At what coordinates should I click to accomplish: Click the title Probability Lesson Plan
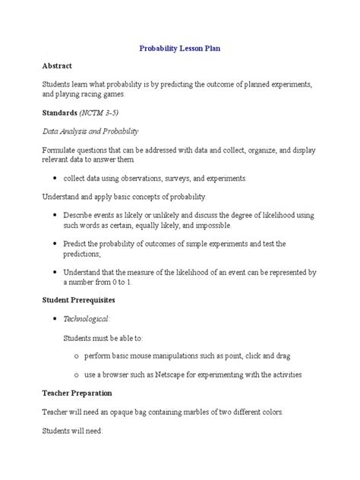pyautogui.click(x=180, y=48)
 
